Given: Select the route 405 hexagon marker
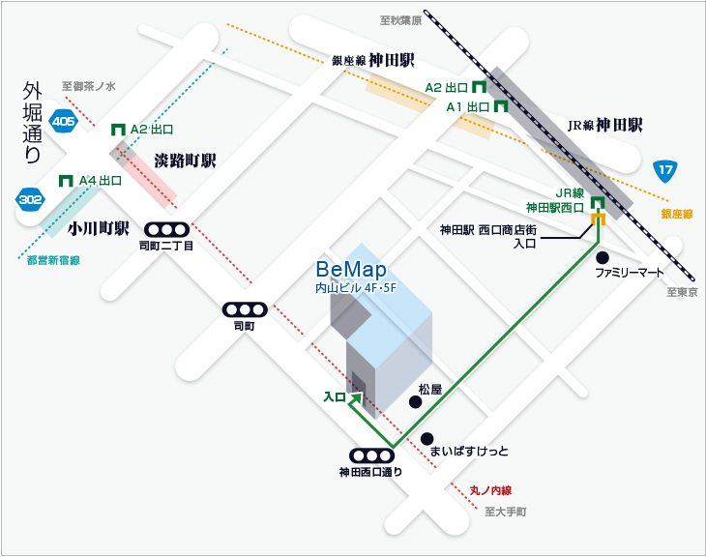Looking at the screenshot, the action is pos(64,121).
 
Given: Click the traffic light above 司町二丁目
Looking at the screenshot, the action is pos(165,230).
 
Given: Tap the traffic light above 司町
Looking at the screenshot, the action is pos(244,309).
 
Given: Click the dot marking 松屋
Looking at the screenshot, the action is pos(415,402).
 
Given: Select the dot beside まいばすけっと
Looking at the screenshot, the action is pos(427,437).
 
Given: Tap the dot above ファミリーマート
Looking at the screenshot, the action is pos(602,257).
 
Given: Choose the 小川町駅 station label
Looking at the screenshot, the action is pos(99,229).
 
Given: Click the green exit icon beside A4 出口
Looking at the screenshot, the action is pos(67,180).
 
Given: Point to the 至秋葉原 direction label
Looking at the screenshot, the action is pos(400,18).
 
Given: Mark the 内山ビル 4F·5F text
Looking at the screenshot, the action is pos(357,287).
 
